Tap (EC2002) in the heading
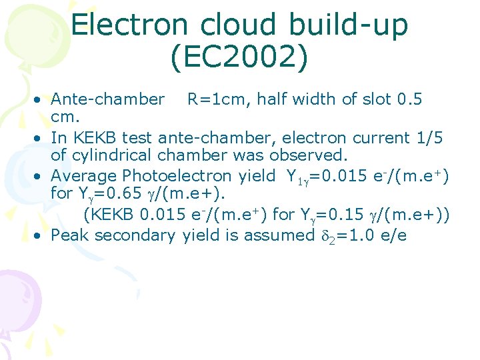click(240, 58)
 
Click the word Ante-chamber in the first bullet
click(108, 100)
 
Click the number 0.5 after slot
click(409, 100)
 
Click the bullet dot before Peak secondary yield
click(41, 235)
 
